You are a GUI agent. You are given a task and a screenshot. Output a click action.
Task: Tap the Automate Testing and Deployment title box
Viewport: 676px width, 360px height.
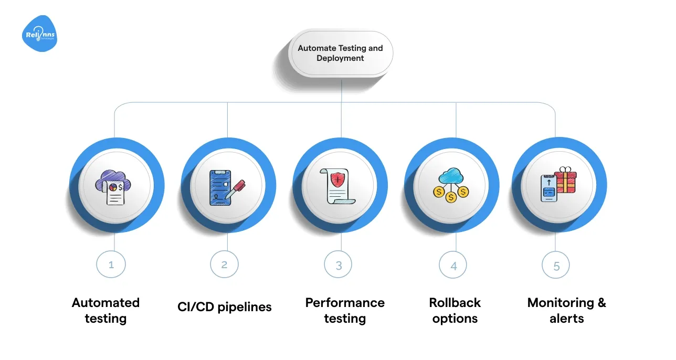(x=340, y=54)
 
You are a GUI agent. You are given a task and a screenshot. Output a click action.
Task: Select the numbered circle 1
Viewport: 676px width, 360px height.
(x=111, y=265)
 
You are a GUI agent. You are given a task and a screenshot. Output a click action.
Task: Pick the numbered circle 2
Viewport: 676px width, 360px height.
(x=224, y=265)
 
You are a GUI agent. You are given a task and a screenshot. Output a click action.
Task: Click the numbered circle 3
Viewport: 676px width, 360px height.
(x=339, y=265)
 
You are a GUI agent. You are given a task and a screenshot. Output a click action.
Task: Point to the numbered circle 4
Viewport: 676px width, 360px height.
(x=453, y=266)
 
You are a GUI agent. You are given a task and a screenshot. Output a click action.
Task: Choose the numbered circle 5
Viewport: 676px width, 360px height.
(x=556, y=266)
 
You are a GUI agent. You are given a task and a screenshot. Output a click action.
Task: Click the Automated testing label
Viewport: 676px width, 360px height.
(x=105, y=310)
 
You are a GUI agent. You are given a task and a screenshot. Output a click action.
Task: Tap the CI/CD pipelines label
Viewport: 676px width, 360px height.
(x=225, y=307)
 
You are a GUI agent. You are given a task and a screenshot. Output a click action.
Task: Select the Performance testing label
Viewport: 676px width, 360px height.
(x=345, y=310)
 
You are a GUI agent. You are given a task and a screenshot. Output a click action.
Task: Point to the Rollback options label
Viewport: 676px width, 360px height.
(x=455, y=310)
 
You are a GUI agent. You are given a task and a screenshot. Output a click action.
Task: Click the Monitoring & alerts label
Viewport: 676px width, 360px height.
(x=566, y=310)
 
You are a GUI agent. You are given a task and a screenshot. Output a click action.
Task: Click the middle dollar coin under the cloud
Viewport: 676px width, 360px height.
(x=450, y=198)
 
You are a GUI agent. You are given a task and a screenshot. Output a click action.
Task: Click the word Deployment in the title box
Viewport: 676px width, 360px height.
(x=340, y=58)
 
